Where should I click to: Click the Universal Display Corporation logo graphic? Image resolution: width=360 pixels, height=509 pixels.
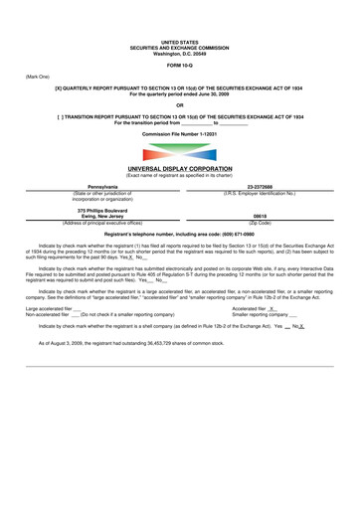coord(180,155)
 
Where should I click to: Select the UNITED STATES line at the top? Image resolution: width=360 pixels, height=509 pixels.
coord(180,13)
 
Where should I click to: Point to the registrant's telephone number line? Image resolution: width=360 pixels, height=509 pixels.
coord(180,245)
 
